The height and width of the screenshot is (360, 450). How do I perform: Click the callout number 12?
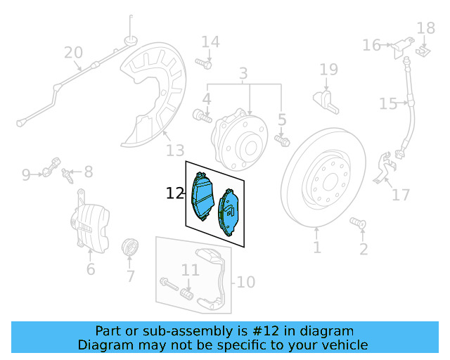[x=175, y=193]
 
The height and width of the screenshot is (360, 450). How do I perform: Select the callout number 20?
[x=73, y=53]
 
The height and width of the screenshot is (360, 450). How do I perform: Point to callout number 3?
[x=243, y=73]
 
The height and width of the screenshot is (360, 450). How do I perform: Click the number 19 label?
[x=329, y=69]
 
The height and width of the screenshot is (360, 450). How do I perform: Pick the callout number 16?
[x=371, y=46]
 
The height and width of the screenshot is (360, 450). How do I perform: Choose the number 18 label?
[x=426, y=28]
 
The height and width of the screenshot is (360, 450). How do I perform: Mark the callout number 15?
[x=388, y=104]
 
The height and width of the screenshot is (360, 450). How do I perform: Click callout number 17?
[x=401, y=194]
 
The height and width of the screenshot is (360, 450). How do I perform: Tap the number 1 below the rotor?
[x=317, y=247]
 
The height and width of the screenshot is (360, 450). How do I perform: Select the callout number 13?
[x=175, y=150]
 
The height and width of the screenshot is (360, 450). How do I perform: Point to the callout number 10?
[x=245, y=282]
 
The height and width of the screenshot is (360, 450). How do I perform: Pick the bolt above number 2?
[x=357, y=224]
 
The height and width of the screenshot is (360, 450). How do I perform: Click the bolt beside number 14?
[x=204, y=64]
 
